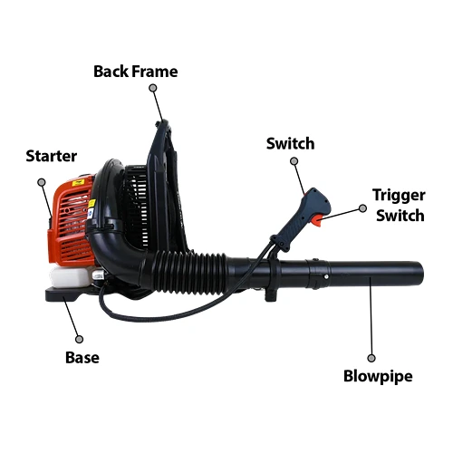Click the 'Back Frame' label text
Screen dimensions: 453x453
point(136,72)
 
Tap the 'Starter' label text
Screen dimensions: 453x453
point(52,156)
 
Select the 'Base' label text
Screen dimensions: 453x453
point(82,357)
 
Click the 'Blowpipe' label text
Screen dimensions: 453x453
point(378,377)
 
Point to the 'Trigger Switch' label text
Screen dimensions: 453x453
point(400,206)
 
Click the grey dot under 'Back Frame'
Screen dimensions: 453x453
point(153,88)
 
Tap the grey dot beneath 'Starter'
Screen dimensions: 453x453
point(42,182)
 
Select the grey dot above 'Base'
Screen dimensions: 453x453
point(79,339)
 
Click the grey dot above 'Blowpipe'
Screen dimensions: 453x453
point(371,358)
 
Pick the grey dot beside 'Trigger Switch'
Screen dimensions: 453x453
point(362,208)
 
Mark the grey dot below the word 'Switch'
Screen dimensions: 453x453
point(294,161)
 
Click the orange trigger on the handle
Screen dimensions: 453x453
point(317,220)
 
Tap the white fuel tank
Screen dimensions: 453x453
point(71,277)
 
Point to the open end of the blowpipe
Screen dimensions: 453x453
point(420,275)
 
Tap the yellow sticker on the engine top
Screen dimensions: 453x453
point(77,183)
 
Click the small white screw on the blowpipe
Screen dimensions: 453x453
point(326,276)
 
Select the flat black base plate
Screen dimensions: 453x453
point(71,294)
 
